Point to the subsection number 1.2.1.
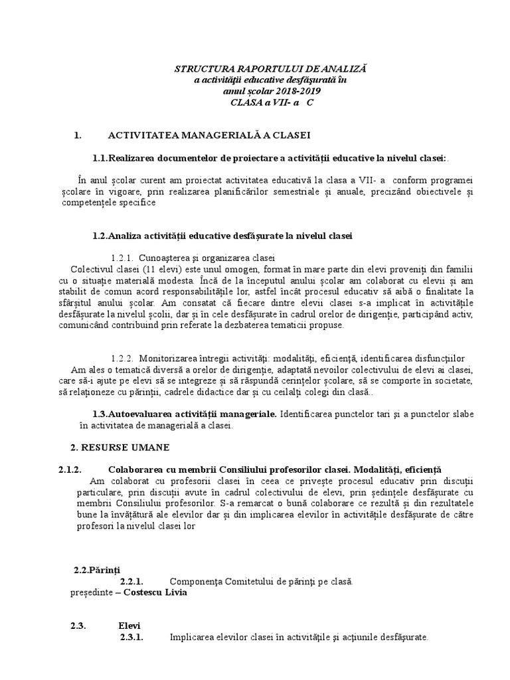[x=123, y=258]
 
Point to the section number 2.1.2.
[x=70, y=469]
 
